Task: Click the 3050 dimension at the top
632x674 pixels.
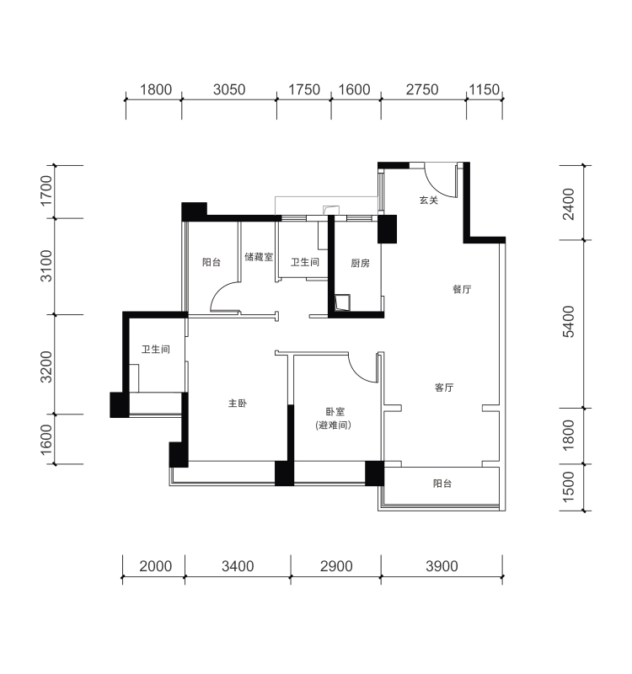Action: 229,89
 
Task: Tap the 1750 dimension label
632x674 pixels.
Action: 304,89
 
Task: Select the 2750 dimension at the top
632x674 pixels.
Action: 422,89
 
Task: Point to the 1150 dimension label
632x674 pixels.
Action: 484,89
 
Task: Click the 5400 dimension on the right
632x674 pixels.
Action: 568,322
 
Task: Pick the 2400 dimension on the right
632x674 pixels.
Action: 568,204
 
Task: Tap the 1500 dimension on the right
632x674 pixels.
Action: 568,487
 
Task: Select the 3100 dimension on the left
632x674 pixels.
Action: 46,265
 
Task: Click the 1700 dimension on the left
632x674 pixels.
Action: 46,191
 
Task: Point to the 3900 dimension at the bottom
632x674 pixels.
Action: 442,566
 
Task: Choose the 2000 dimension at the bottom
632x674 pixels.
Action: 156,566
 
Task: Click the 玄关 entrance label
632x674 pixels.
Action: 429,200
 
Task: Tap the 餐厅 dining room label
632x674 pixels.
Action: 462,289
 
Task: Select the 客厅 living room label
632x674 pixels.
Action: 444,388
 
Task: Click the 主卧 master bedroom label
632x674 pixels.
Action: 238,404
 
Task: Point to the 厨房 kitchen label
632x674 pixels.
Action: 361,263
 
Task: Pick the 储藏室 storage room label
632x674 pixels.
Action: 259,257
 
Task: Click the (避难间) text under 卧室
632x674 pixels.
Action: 334,425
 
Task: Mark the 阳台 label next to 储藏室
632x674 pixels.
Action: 212,262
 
